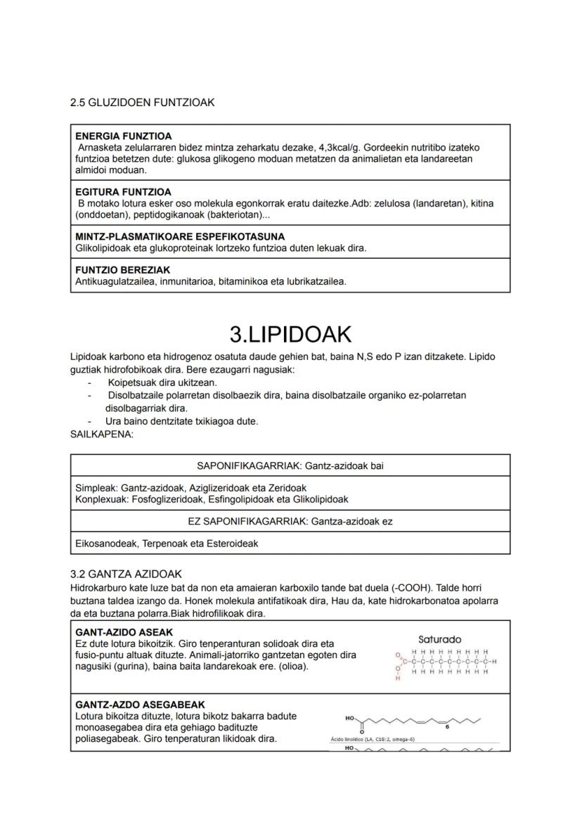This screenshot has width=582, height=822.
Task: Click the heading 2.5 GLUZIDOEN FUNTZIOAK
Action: click(142, 103)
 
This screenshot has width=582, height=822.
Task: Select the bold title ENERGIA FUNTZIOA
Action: click(123, 136)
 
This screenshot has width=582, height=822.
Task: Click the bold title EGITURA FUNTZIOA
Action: click(123, 192)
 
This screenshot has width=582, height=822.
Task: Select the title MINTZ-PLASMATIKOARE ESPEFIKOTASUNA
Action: click(180, 237)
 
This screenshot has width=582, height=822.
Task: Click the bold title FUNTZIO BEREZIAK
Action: click(122, 270)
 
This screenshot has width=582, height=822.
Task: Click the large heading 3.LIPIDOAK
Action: click(290, 334)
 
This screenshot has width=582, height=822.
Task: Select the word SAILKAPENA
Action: click(102, 434)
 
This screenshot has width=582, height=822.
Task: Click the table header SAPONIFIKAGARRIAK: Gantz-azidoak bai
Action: click(290, 465)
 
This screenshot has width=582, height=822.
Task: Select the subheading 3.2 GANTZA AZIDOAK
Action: click(127, 574)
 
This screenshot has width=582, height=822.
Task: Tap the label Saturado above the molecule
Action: click(439, 639)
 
